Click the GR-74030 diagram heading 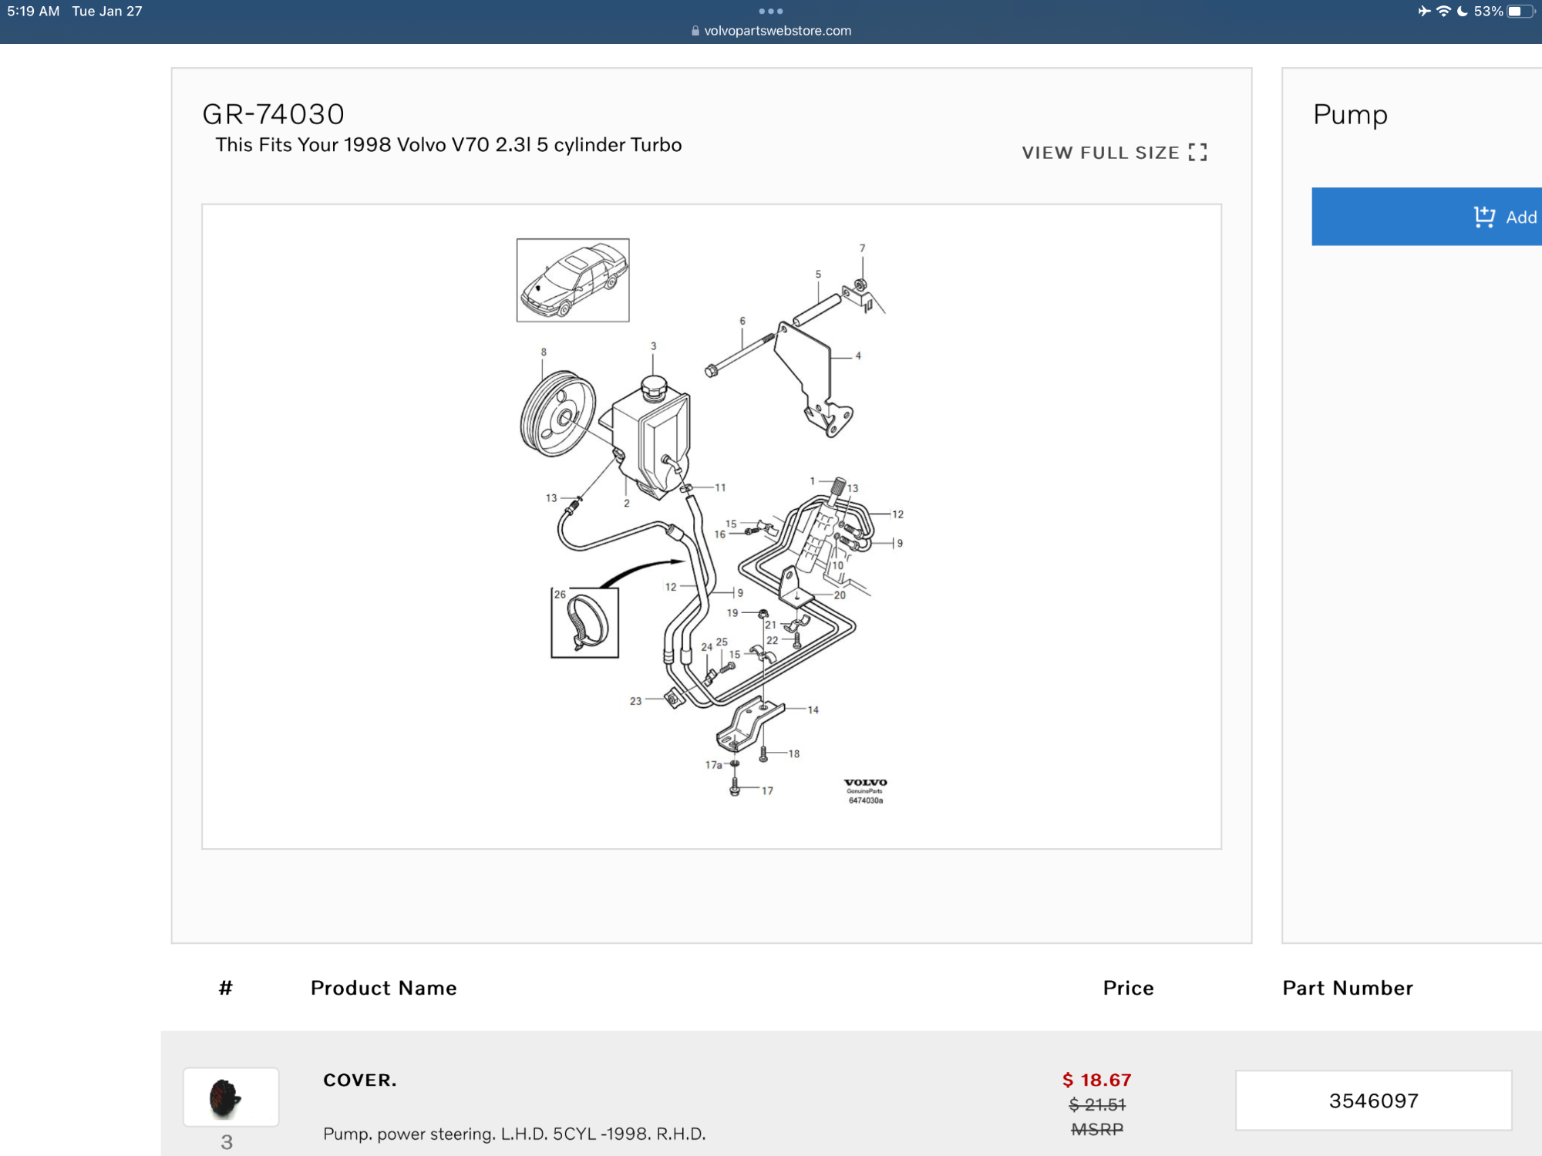(x=273, y=114)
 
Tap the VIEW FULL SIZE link (x=1114, y=153)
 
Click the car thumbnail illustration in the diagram (x=573, y=280)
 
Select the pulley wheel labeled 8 (x=557, y=414)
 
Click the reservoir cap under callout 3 (x=654, y=386)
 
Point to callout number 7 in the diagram (x=862, y=248)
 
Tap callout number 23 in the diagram (x=635, y=701)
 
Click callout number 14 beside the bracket (x=813, y=709)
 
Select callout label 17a (x=713, y=765)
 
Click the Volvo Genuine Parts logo (x=865, y=791)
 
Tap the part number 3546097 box (x=1373, y=1100)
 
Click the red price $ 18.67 (x=1096, y=1080)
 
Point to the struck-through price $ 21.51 (x=1096, y=1104)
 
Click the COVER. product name (x=360, y=1080)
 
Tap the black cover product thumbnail (x=225, y=1097)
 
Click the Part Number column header (x=1348, y=988)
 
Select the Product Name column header (x=383, y=988)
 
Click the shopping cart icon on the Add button (x=1484, y=217)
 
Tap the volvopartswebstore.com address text (x=778, y=31)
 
